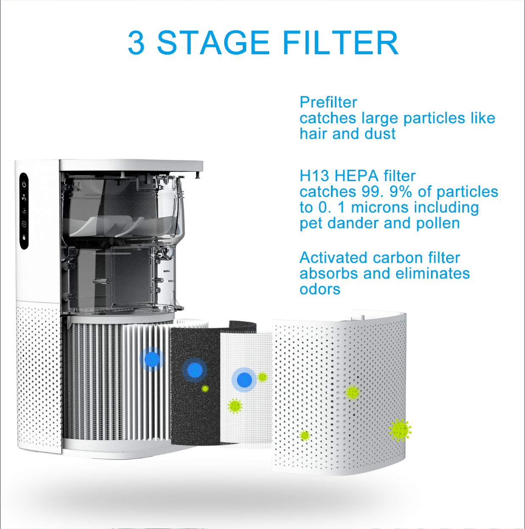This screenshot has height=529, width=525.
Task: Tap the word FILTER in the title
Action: pyautogui.click(x=340, y=43)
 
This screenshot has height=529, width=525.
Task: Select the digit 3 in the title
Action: pyautogui.click(x=136, y=43)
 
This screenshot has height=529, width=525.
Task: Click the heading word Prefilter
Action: pyautogui.click(x=328, y=102)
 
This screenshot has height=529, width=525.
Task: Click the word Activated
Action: pyautogui.click(x=333, y=258)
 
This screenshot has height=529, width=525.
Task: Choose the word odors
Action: pyautogui.click(x=320, y=289)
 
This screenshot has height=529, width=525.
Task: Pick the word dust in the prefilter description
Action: pyautogui.click(x=380, y=134)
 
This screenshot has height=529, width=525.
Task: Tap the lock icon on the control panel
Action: pyautogui.click(x=24, y=238)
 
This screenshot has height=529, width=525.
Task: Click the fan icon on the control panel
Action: pyautogui.click(x=24, y=197)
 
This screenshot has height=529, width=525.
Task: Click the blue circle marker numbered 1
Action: pyautogui.click(x=244, y=380)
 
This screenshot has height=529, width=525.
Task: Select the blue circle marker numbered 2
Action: pyautogui.click(x=194, y=370)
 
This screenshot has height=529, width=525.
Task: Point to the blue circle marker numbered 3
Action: pyautogui.click(x=152, y=359)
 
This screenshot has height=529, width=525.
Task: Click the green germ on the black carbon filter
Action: pyautogui.click(x=205, y=388)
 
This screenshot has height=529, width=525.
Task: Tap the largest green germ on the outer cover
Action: pyautogui.click(x=400, y=430)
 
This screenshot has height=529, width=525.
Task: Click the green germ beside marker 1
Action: pyautogui.click(x=262, y=377)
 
